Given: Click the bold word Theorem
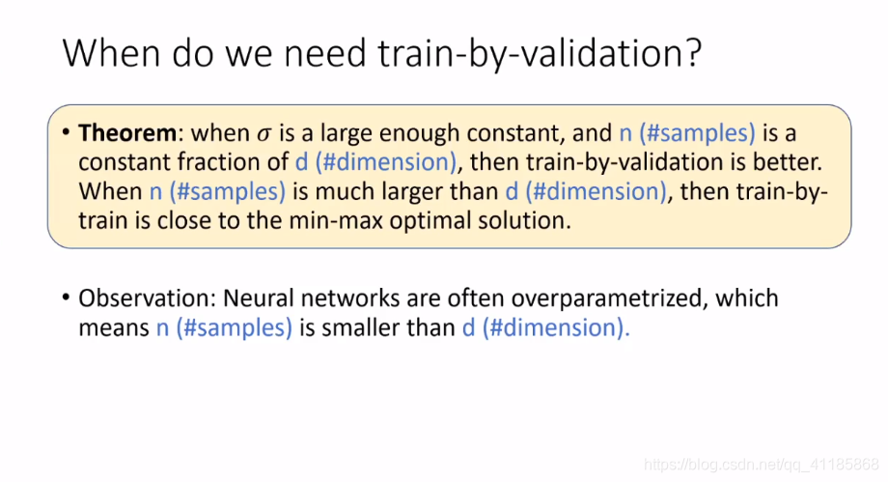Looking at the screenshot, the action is tap(127, 133).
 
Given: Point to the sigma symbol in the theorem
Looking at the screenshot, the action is tap(264, 135).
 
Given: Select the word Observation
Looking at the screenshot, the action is tap(145, 298).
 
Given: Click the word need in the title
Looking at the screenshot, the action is tap(325, 53).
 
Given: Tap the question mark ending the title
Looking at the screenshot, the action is tap(694, 53).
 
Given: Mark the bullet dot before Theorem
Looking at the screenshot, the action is tap(66, 132).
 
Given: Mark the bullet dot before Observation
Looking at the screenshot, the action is tap(66, 298).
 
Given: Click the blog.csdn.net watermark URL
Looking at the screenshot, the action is tap(762, 465).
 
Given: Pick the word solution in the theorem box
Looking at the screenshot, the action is tap(524, 221).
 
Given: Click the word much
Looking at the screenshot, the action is tap(342, 191).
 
